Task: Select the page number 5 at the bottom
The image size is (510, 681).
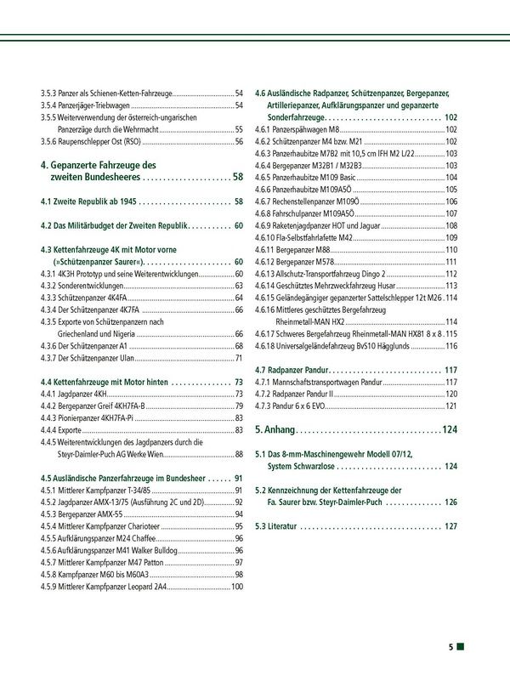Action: (451, 648)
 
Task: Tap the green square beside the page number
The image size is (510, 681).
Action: (461, 648)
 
